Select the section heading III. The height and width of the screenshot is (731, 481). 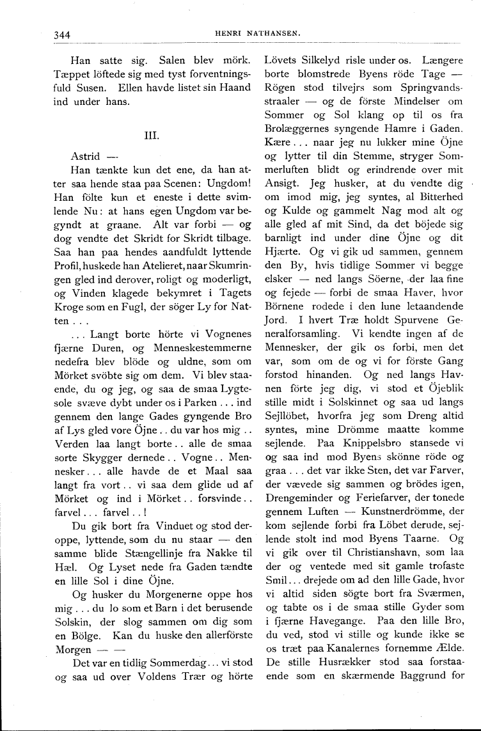tap(152, 135)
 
